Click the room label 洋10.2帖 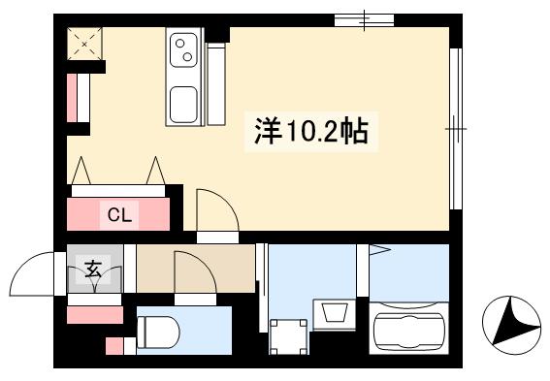click(x=311, y=132)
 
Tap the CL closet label click(x=119, y=214)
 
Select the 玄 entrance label click(x=93, y=269)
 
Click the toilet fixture click(x=158, y=332)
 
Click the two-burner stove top click(x=183, y=49)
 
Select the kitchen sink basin click(x=183, y=105)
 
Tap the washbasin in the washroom click(x=335, y=312)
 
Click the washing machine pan click(x=288, y=336)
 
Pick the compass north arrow click(x=511, y=321)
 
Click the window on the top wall click(x=364, y=19)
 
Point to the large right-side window click(x=456, y=129)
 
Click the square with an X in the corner click(x=84, y=44)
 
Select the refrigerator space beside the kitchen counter click(x=216, y=84)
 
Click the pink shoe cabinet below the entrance click(x=95, y=315)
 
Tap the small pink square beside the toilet click(x=114, y=346)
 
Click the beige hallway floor click(x=196, y=269)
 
